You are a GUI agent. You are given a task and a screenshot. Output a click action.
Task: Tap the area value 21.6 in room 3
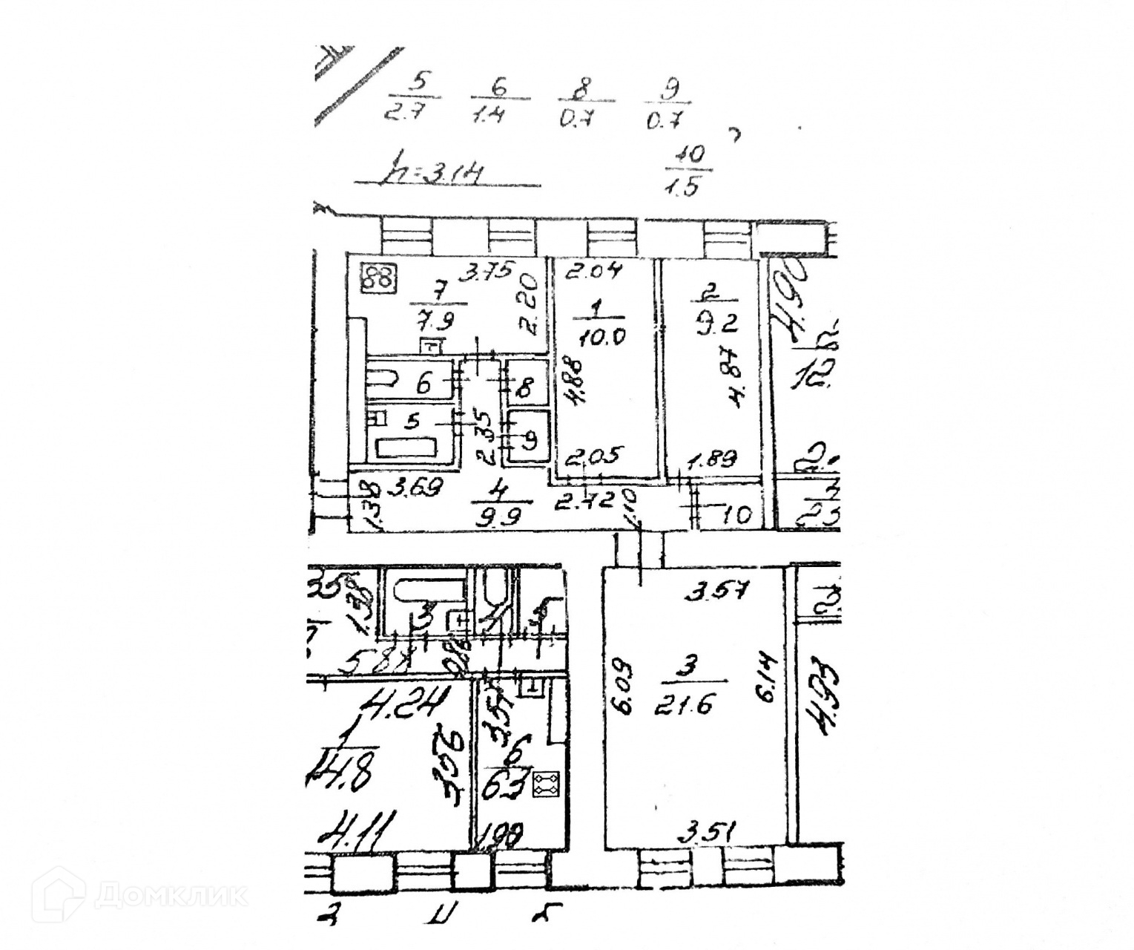pyautogui.click(x=683, y=704)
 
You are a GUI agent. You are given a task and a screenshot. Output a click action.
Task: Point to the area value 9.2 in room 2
pyautogui.click(x=707, y=324)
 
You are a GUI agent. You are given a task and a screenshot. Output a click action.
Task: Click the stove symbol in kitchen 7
pyautogui.click(x=379, y=278)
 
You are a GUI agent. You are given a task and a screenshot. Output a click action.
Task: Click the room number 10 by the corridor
pyautogui.click(x=734, y=514)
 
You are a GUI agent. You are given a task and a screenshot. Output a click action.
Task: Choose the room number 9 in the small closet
pyautogui.click(x=530, y=439)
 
